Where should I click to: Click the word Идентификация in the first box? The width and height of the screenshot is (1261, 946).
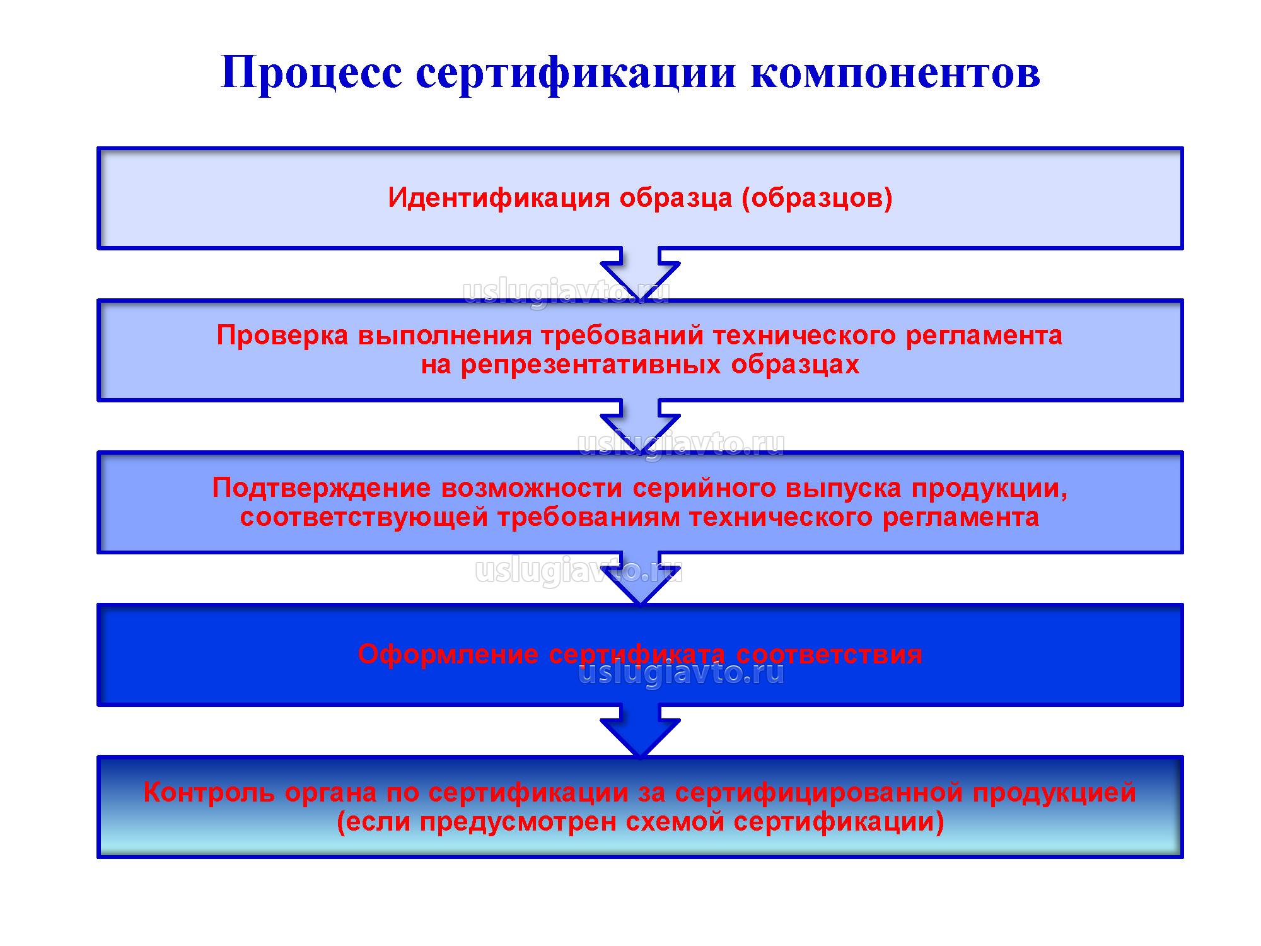(499, 197)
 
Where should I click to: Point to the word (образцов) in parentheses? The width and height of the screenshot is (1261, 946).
(817, 197)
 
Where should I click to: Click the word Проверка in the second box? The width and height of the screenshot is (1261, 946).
(282, 335)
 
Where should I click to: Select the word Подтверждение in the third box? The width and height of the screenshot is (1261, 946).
(322, 488)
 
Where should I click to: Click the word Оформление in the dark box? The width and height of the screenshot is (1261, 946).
(448, 654)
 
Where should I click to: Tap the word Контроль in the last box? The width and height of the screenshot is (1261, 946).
(209, 792)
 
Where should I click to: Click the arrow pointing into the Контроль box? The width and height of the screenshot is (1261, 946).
(640, 732)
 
